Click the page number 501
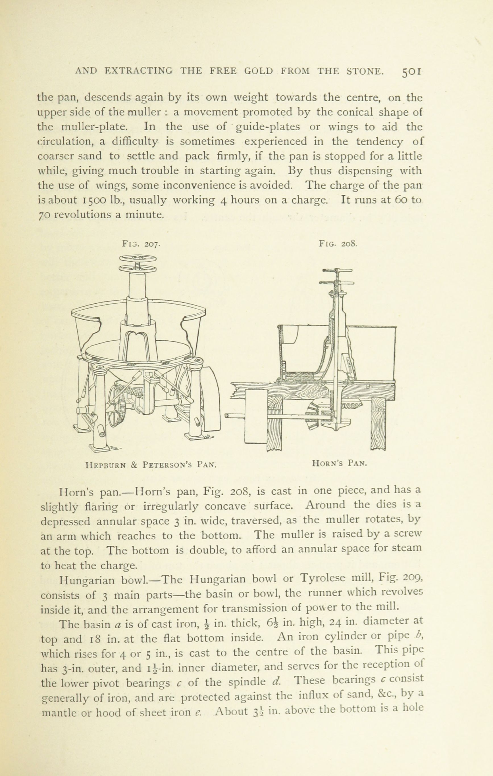412,72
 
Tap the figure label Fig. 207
141,244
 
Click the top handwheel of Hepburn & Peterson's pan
138,258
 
